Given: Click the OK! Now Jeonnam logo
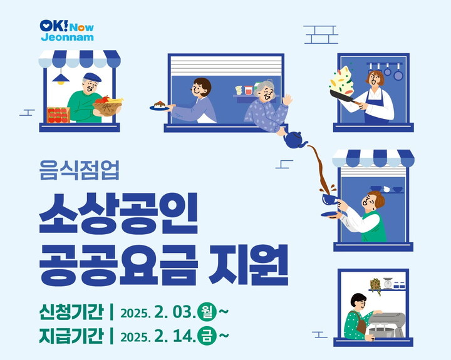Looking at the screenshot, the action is click(67, 30).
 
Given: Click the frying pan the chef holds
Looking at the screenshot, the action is click(343, 96).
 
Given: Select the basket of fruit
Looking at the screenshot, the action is click(108, 106).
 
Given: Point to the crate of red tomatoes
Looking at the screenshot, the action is click(58, 115).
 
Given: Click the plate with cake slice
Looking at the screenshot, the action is click(159, 106).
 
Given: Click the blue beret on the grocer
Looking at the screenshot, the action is click(92, 77).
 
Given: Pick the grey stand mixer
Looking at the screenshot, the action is click(386, 325).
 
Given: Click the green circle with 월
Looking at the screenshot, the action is click(207, 312).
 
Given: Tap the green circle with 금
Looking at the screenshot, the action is click(207, 336).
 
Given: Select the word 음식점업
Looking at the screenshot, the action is click(79, 170).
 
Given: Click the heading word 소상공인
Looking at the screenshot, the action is click(118, 213).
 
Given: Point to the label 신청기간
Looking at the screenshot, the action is click(71, 311).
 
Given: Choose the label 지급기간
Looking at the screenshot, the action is click(71, 336).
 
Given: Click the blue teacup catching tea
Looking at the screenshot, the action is click(329, 198).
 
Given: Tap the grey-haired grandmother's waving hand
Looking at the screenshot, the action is click(287, 100).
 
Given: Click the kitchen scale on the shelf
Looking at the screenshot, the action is click(388, 283).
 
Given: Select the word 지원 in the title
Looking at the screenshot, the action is click(248, 264).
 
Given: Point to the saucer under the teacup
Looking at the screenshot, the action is click(330, 214).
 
